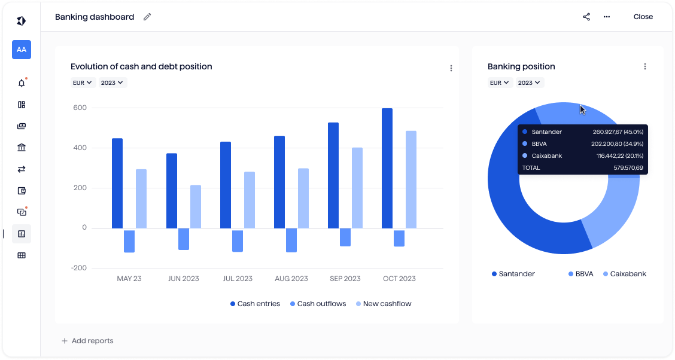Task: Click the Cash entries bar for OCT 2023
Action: coord(387,168)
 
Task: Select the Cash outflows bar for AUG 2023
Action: coord(291,240)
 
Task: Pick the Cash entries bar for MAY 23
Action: coord(117,183)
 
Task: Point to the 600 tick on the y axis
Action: coord(80,108)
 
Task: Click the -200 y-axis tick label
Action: coord(79,268)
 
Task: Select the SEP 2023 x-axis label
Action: coord(345,279)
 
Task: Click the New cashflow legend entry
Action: coord(384,304)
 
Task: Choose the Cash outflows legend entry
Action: coord(318,304)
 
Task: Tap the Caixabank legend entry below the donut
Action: coord(621,274)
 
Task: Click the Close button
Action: coord(643,17)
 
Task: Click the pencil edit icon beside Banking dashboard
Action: coord(147,17)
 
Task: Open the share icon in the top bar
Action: coord(586,17)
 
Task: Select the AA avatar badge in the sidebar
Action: coord(22,50)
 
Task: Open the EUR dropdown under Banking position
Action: coord(500,83)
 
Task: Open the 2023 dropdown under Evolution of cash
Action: coord(113,83)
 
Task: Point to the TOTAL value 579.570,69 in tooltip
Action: coord(628,168)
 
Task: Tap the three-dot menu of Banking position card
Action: coord(645,66)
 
